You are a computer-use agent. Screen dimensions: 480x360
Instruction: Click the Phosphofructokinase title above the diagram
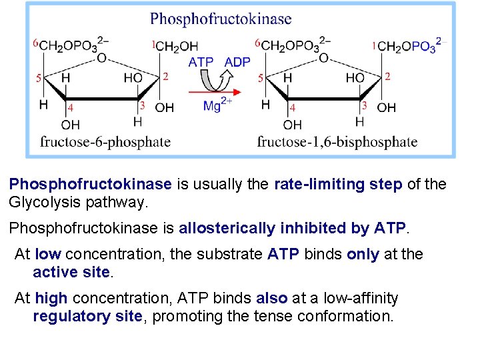[x=221, y=19]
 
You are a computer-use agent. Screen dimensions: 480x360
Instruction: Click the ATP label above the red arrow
[x=201, y=62]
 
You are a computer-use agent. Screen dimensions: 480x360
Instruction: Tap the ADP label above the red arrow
[x=237, y=62]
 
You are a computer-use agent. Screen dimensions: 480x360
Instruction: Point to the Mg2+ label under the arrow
[x=217, y=105]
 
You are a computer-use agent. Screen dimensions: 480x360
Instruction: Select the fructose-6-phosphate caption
[x=105, y=141]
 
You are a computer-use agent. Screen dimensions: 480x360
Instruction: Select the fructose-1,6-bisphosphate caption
[x=337, y=141]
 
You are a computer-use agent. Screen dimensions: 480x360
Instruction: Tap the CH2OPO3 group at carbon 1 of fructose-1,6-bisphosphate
[x=407, y=46]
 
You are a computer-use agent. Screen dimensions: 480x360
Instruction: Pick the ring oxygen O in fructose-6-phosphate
[x=101, y=58]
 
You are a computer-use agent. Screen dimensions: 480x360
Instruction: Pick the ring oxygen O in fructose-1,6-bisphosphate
[x=323, y=58]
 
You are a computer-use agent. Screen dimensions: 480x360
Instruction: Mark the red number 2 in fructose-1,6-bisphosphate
[x=387, y=76]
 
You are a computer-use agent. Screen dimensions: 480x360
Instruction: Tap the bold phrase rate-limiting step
[x=338, y=184]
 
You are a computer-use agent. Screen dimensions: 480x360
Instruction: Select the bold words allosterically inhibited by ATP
[x=292, y=228]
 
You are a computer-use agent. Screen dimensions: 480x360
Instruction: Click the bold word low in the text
[x=48, y=254]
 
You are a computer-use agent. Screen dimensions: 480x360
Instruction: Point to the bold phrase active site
[x=71, y=271]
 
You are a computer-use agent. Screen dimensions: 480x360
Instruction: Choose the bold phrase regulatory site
[x=87, y=315]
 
